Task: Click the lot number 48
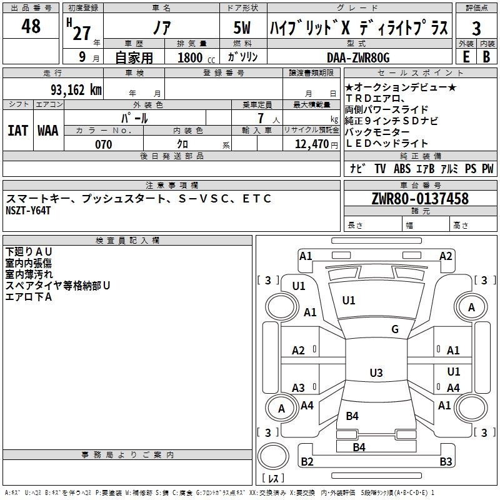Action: (x=31, y=26)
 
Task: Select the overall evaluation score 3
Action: (x=476, y=28)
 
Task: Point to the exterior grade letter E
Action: (x=466, y=57)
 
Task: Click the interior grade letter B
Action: (x=486, y=57)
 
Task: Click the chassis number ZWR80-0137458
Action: (x=420, y=199)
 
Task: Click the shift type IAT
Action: (x=18, y=130)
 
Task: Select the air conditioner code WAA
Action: (x=47, y=130)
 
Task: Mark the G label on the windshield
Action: (x=395, y=329)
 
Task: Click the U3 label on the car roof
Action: (x=376, y=373)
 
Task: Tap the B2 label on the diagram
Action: (x=307, y=462)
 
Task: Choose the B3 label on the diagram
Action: (x=446, y=462)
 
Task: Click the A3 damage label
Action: (x=299, y=387)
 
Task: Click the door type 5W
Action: (x=244, y=27)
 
